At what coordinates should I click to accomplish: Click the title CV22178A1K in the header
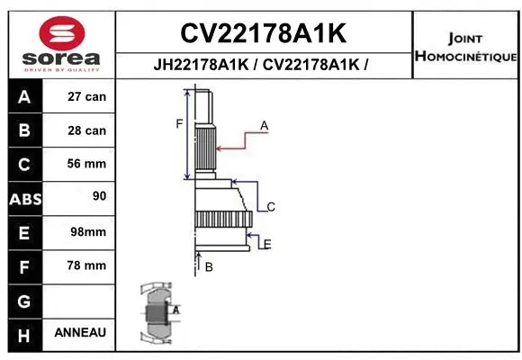click(x=263, y=33)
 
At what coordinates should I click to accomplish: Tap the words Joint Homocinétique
click(x=465, y=48)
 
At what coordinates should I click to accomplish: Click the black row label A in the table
click(x=24, y=97)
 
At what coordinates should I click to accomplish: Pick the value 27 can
click(x=87, y=97)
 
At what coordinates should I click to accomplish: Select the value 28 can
click(x=87, y=130)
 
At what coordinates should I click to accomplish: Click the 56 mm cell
click(x=87, y=164)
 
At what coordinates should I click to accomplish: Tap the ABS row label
click(x=24, y=198)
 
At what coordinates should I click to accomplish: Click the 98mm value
click(x=87, y=232)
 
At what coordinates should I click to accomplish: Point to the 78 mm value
click(x=87, y=265)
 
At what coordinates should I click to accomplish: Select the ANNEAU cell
click(x=80, y=332)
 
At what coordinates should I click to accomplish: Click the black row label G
click(x=24, y=300)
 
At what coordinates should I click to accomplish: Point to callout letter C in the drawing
click(x=271, y=207)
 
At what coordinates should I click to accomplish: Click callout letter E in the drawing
click(x=267, y=244)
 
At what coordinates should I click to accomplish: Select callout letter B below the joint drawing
click(x=209, y=267)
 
